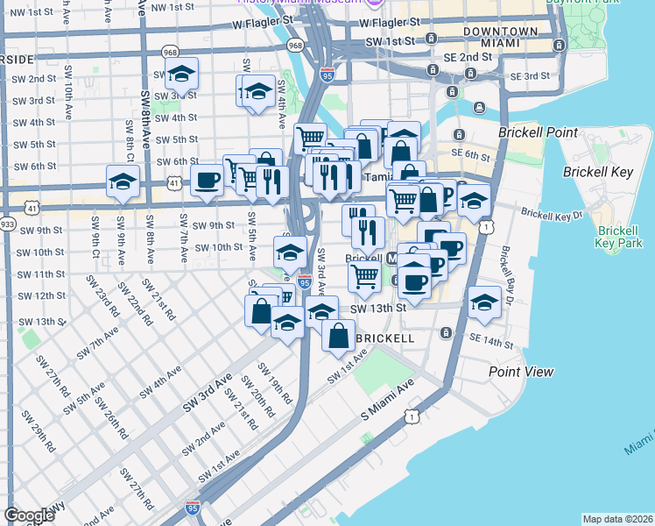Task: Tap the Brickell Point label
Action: (x=538, y=132)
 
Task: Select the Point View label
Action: (x=521, y=372)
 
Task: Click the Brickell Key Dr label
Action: (x=552, y=213)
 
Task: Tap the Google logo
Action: (x=29, y=515)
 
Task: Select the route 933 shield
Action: (x=8, y=224)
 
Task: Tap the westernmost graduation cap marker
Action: (x=123, y=182)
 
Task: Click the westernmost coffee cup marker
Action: (x=207, y=180)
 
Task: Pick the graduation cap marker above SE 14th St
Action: (x=483, y=302)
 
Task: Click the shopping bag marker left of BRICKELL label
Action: (x=338, y=334)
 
